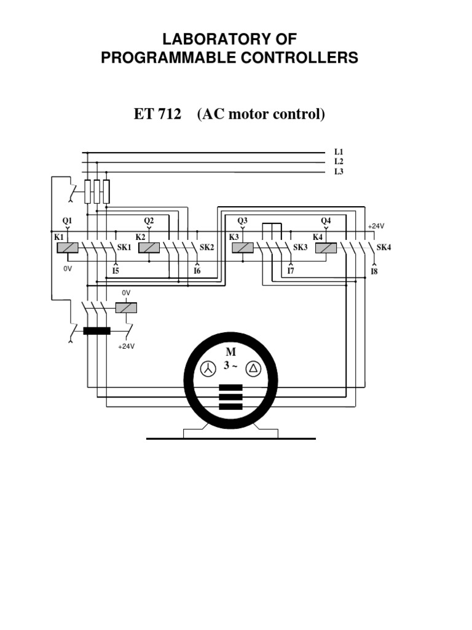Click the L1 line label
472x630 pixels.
pyautogui.click(x=338, y=151)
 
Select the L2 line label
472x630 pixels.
pyautogui.click(x=338, y=161)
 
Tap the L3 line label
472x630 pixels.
pyautogui.click(x=338, y=172)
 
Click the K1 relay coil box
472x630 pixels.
pyautogui.click(x=67, y=247)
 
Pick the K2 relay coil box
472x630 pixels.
pyautogui.click(x=149, y=247)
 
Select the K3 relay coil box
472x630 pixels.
pyautogui.click(x=242, y=247)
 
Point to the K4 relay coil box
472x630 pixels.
pyautogui.click(x=326, y=247)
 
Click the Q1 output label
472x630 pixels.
pyautogui.click(x=67, y=220)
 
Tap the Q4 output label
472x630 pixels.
pyautogui.click(x=326, y=220)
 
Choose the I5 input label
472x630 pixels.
pyautogui.click(x=115, y=270)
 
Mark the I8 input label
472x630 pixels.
pyautogui.click(x=374, y=271)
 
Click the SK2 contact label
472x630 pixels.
pyautogui.click(x=206, y=247)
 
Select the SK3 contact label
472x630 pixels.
pyautogui.click(x=300, y=247)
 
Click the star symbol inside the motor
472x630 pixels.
pyautogui.click(x=209, y=369)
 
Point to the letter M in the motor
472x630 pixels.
pyautogui.click(x=230, y=353)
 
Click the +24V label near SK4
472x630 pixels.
pyautogui.click(x=376, y=226)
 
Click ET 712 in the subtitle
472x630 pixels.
pyautogui.click(x=157, y=114)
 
